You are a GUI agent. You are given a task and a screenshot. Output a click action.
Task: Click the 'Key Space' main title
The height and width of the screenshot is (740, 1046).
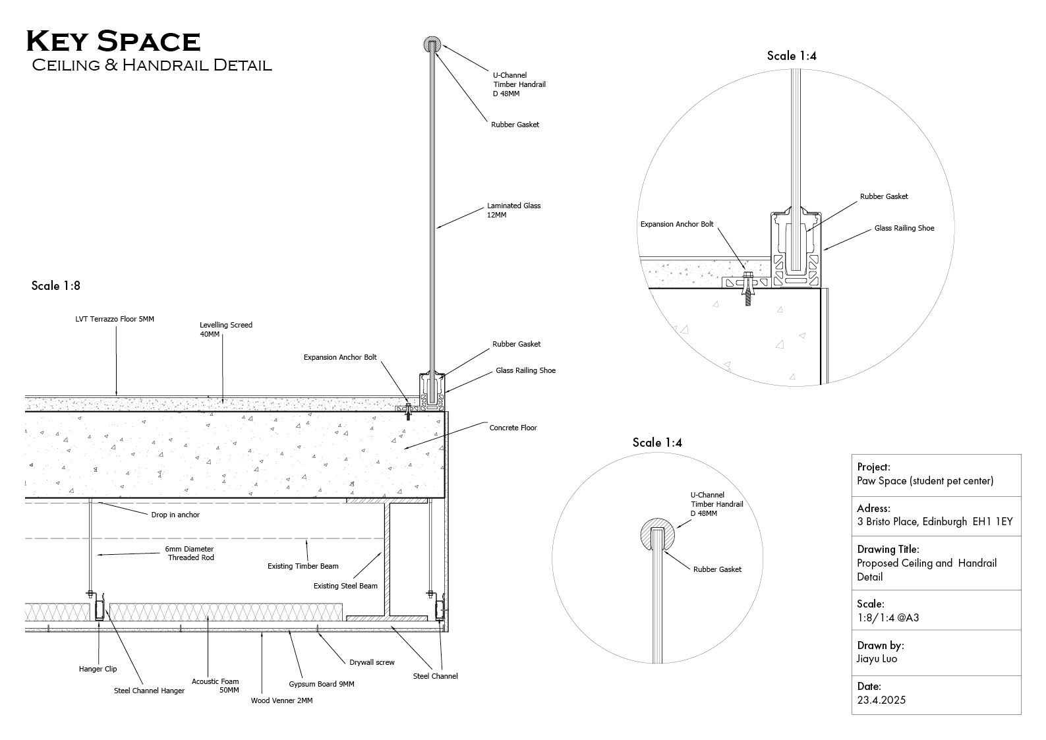point(113,42)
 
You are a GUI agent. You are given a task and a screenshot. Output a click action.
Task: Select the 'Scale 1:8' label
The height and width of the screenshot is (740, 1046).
point(56,286)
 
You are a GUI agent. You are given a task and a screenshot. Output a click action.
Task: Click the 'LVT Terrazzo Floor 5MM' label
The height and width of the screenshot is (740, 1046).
point(115,320)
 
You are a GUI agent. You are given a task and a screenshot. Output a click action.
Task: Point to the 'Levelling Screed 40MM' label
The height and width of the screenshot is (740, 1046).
point(225,329)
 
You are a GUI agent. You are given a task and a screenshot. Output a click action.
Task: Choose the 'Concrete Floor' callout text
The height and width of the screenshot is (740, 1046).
point(513,428)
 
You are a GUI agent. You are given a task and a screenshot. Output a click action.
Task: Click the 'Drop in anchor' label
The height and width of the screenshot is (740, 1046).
point(175,515)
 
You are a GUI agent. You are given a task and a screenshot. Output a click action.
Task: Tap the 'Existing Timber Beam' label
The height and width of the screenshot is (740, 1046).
point(303,566)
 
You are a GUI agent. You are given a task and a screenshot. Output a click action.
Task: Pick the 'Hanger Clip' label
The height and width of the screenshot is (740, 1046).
point(98,669)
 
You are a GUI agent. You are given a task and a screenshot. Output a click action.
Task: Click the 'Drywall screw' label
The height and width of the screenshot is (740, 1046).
point(372,662)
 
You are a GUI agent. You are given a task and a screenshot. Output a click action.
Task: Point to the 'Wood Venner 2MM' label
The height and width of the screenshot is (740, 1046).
point(281,700)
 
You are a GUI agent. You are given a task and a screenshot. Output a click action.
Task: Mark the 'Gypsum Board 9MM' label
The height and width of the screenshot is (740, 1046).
point(321,684)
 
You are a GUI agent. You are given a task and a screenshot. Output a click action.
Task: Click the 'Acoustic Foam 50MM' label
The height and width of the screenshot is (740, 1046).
point(216,685)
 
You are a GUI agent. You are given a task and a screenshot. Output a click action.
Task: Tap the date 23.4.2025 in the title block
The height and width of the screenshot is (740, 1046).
point(881,700)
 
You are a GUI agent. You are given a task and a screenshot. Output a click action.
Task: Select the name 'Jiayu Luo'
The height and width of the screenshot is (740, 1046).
point(877,659)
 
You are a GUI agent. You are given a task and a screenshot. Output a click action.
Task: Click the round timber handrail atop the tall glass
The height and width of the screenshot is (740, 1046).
point(431,45)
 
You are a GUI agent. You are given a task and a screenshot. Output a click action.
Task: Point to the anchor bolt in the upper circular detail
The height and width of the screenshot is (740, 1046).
point(747,287)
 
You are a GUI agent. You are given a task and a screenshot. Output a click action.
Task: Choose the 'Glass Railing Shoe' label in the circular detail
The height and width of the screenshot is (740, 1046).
point(904,228)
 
